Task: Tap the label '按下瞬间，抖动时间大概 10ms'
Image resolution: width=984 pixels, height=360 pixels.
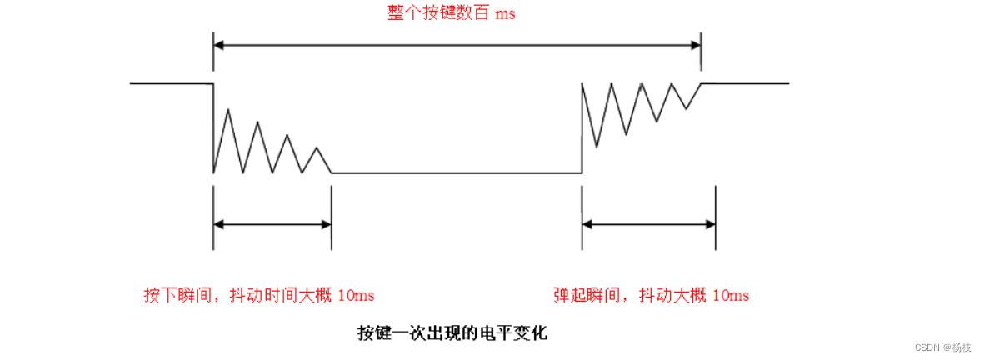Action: (258, 296)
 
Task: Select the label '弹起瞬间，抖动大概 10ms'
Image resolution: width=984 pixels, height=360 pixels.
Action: (651, 296)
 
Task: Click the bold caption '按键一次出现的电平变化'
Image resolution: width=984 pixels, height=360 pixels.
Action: (452, 334)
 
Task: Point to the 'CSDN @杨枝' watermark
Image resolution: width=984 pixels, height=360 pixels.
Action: (942, 347)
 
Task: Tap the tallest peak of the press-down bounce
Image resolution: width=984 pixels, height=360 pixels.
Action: (228, 110)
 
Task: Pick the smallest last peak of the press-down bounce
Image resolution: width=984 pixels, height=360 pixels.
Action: (317, 148)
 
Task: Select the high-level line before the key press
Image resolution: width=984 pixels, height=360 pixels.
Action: (171, 84)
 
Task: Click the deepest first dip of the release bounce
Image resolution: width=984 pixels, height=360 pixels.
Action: (596, 147)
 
